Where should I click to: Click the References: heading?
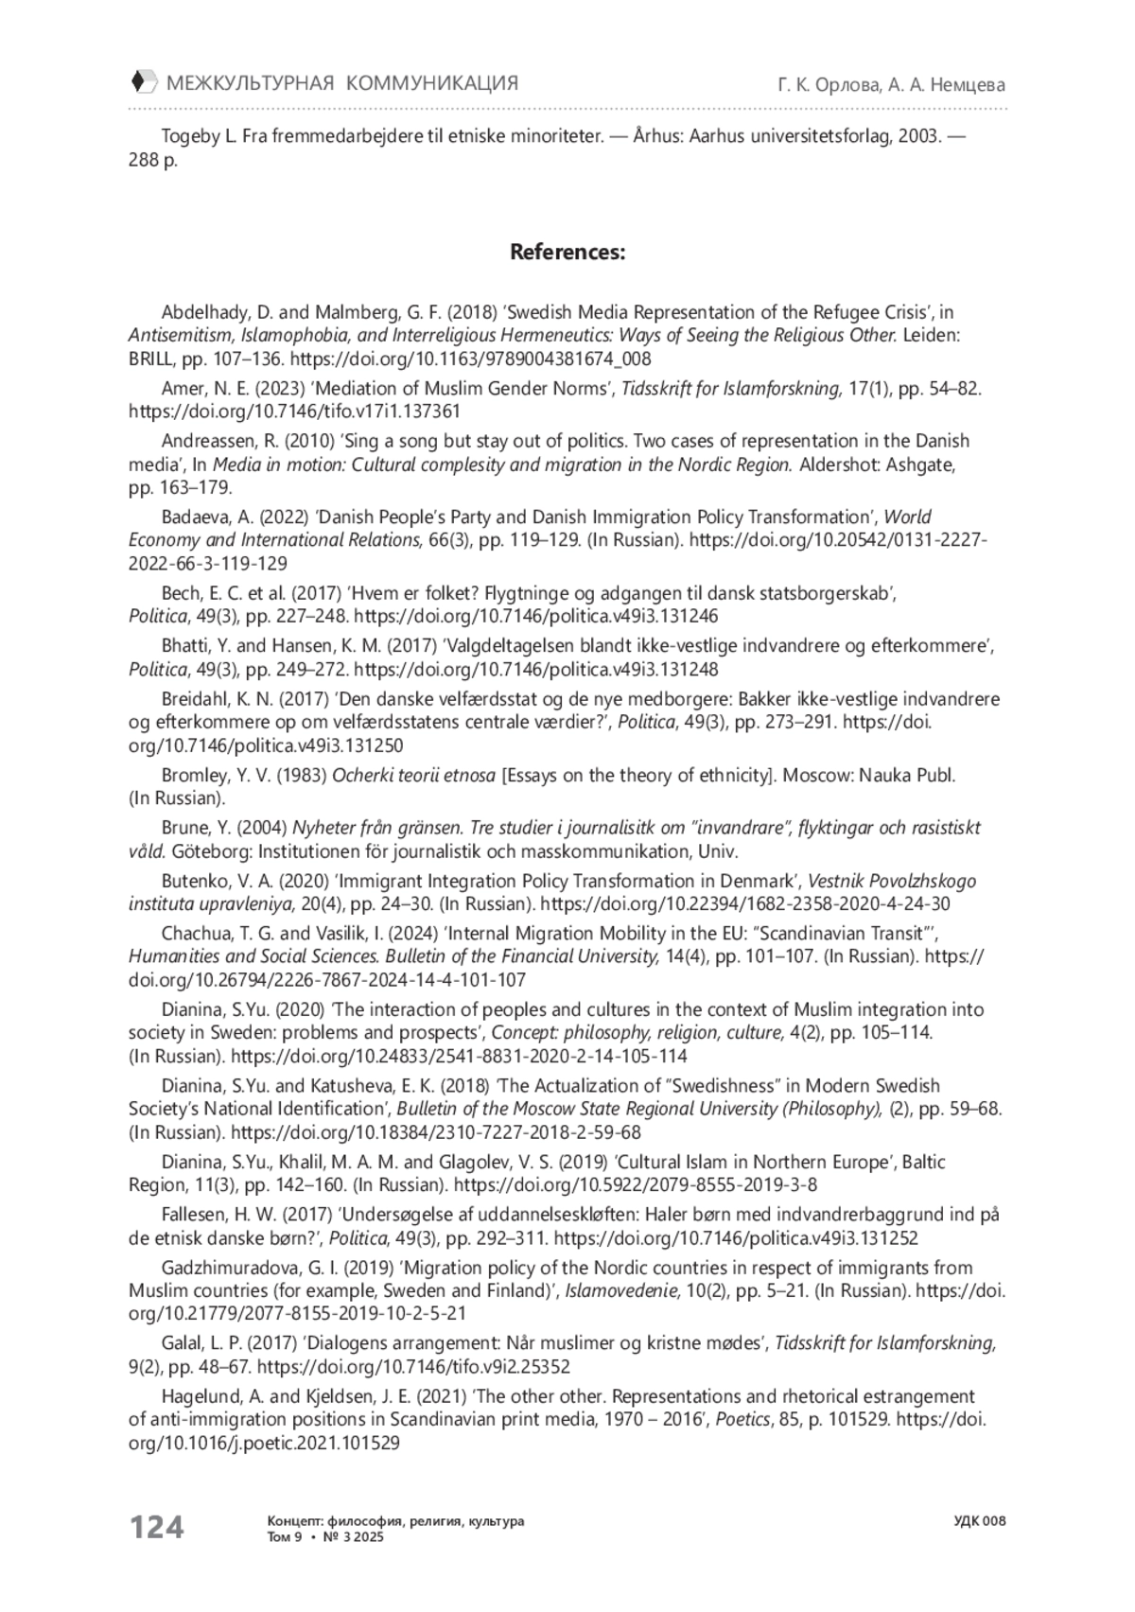pyautogui.click(x=567, y=253)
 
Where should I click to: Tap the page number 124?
pyautogui.click(x=156, y=1526)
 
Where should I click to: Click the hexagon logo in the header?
pyautogui.click(x=143, y=82)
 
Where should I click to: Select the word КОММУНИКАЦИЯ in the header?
pyautogui.click(x=432, y=83)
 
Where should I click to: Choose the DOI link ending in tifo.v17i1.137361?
pyautogui.click(x=294, y=412)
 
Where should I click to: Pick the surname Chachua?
pyautogui.click(x=192, y=934)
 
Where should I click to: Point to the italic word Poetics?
pyautogui.click(x=742, y=1419)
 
